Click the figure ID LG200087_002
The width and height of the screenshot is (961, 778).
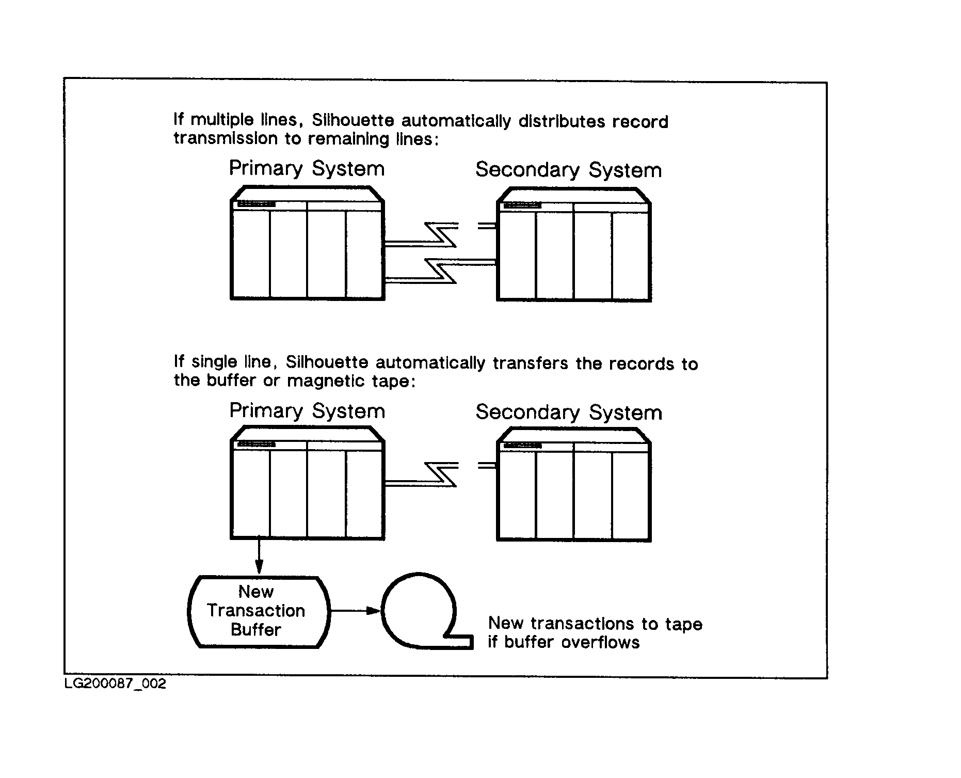pos(115,684)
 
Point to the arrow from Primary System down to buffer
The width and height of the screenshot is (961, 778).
pos(259,557)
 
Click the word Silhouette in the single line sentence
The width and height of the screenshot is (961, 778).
pos(327,362)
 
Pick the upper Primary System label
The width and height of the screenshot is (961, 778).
pos(307,169)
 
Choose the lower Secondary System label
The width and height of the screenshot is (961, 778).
pos(568,412)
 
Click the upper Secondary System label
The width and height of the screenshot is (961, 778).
pos(568,170)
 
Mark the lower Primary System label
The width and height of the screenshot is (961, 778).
pos(307,411)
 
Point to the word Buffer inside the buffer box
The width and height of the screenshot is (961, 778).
pos(256,630)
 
